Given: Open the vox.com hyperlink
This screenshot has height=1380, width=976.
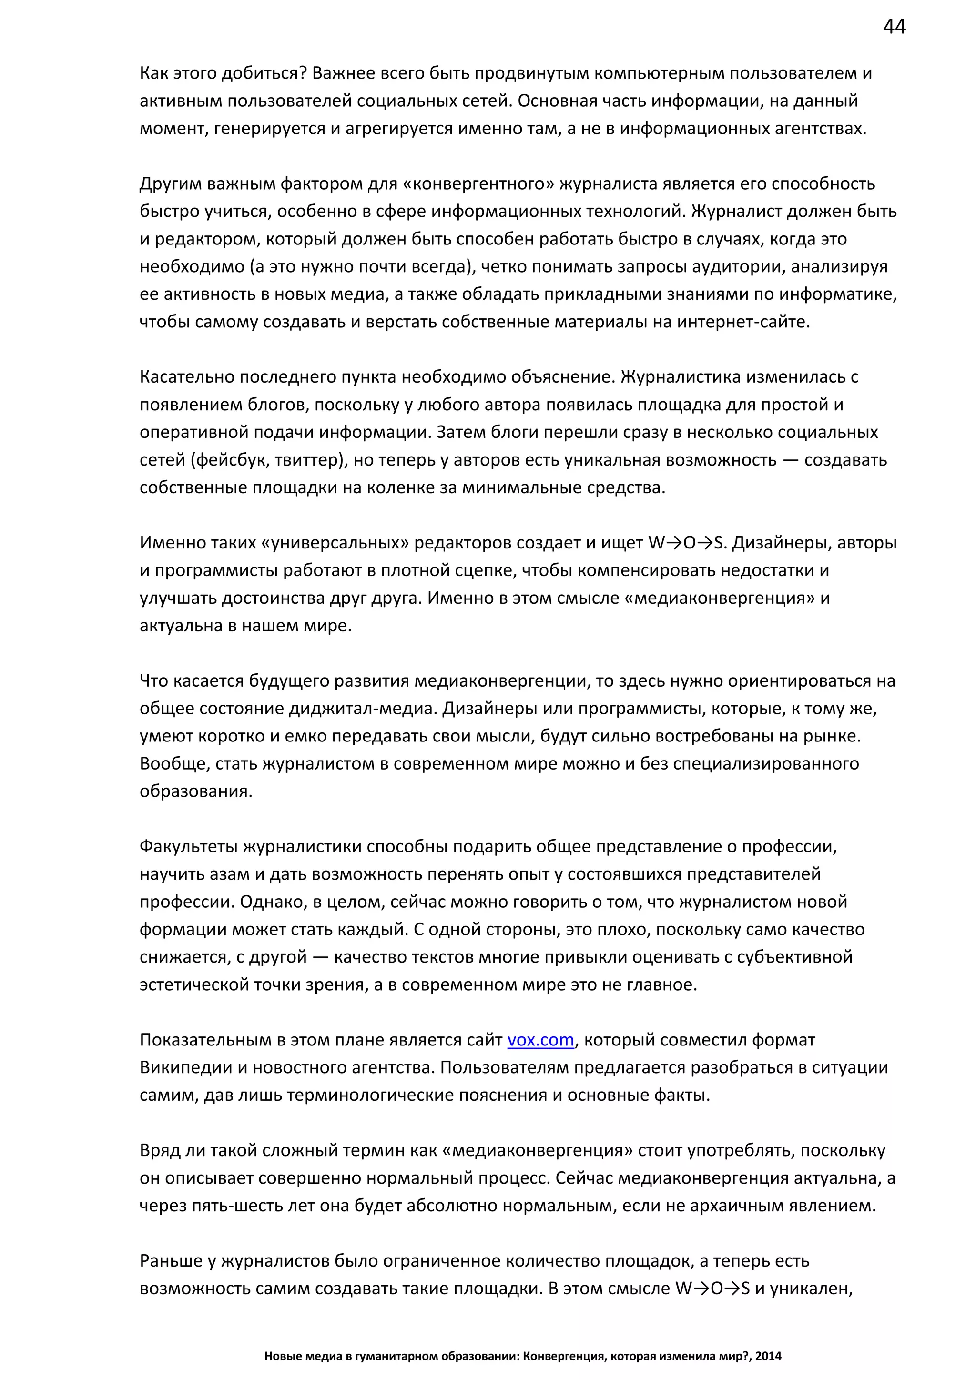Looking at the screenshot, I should click(540, 1040).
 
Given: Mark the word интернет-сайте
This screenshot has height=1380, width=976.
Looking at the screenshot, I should click(743, 322).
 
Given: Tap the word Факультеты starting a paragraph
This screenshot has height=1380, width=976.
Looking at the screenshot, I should click(189, 847).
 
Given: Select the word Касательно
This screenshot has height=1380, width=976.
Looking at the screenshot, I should click(187, 377).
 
